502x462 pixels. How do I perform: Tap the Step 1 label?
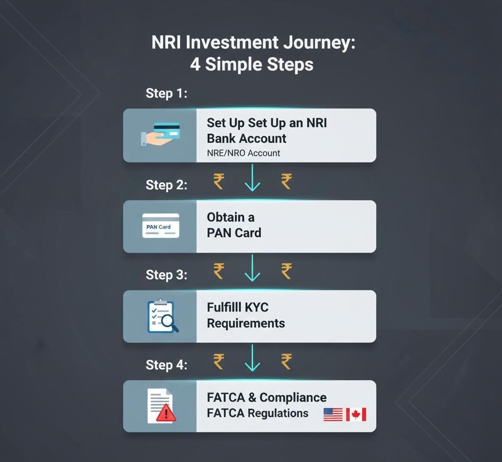(x=167, y=94)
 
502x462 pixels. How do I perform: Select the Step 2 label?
(x=167, y=185)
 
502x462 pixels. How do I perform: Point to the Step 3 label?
(x=167, y=275)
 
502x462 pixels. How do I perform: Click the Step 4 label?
(x=167, y=365)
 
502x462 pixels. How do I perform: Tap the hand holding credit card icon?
(x=160, y=134)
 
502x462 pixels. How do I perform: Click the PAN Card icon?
(x=161, y=226)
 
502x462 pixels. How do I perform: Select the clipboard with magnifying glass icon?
(x=162, y=316)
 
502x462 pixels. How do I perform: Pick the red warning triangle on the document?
(x=166, y=412)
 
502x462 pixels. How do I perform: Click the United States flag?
(x=333, y=414)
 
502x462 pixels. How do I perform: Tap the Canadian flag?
(x=356, y=414)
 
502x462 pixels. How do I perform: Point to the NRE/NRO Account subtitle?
(x=244, y=153)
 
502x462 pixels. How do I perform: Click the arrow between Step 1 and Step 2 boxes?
(x=252, y=178)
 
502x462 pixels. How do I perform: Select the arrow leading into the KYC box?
(x=252, y=268)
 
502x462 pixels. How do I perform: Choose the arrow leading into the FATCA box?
(x=252, y=358)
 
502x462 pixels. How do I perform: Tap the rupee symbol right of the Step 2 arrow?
(x=286, y=181)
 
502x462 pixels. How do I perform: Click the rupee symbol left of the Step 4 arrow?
(x=219, y=362)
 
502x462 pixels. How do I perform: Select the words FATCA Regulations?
(x=257, y=413)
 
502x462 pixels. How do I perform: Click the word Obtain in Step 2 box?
(x=226, y=218)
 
